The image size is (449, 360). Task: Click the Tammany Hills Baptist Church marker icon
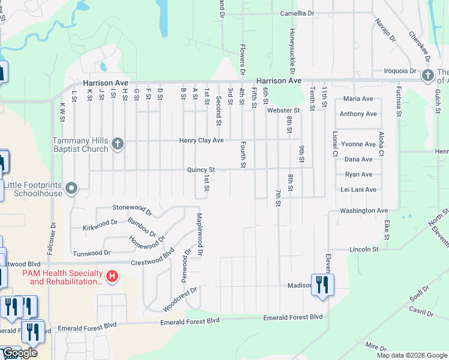118,144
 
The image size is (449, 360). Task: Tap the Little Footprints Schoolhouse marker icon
72,190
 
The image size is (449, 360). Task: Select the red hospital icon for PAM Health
112,277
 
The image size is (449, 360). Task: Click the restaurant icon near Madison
322,285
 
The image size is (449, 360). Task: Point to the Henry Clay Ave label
201,140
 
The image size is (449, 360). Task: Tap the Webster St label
283,110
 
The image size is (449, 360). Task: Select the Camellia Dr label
297,13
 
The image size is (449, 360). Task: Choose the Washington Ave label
364,211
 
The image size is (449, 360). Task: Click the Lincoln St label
364,249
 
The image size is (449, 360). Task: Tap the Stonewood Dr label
133,208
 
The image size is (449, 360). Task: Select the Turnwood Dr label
91,253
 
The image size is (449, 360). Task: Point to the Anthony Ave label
358,114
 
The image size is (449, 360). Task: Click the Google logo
19,353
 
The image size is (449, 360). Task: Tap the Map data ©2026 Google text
411,355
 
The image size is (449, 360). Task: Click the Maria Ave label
358,99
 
